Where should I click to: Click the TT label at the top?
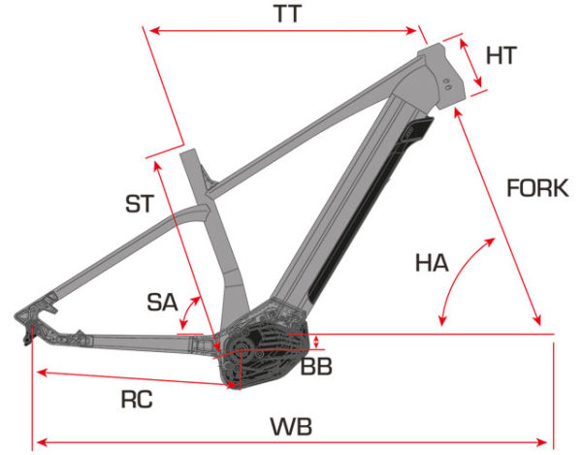point(288,15)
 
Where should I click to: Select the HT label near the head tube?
point(501,55)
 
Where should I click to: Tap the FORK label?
point(537,188)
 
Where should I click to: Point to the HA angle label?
point(432,262)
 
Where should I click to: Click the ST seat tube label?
point(140,204)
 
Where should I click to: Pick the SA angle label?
point(162,302)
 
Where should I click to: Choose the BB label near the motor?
point(316,366)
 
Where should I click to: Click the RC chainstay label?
point(137,400)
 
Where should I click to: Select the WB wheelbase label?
point(291,427)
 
